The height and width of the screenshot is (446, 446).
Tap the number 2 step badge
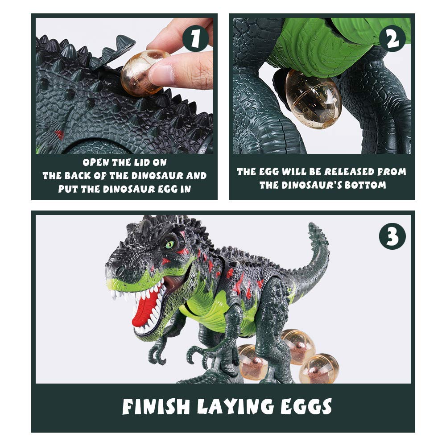[x=392, y=39]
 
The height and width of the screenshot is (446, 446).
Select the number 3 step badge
[x=392, y=236]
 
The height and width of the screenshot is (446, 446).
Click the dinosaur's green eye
[x=169, y=244]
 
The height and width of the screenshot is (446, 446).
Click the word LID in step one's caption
[x=140, y=163]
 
